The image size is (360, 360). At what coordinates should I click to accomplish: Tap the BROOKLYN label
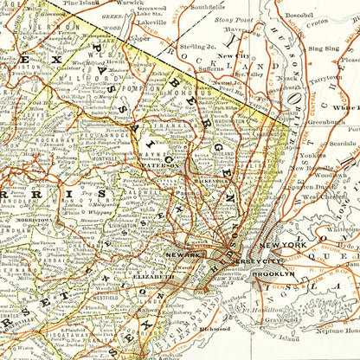coord(273,274)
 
